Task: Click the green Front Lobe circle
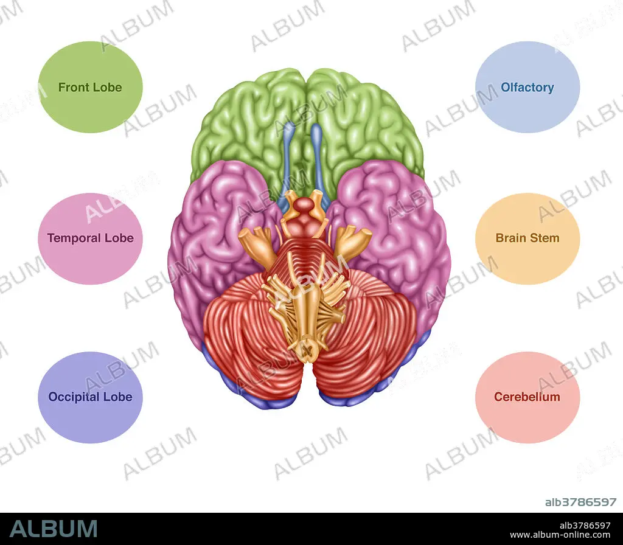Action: coord(90,87)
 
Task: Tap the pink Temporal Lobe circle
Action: coord(90,238)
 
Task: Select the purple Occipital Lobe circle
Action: coord(90,397)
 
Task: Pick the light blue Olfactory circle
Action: coord(527,87)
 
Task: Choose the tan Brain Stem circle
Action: coord(527,238)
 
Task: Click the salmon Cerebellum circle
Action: coord(527,397)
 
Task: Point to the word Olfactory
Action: coord(527,88)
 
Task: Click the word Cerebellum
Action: coord(527,397)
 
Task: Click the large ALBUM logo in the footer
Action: coord(54,529)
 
